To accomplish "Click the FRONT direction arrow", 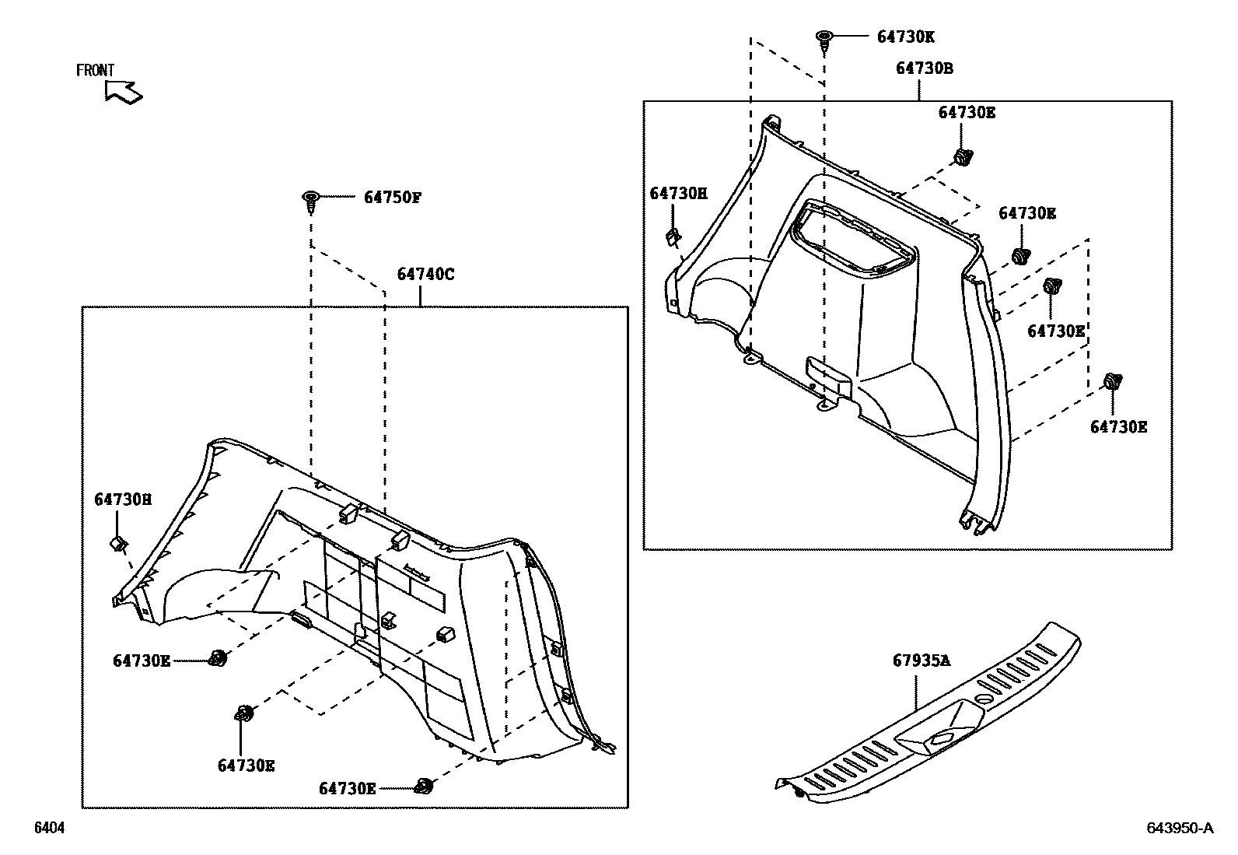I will point(124,92).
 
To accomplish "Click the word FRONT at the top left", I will point(95,70).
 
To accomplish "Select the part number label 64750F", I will point(392,198).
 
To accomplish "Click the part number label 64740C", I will point(425,274).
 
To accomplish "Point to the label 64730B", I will point(924,68).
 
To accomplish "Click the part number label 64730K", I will point(905,37).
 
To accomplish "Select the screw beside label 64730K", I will point(824,40).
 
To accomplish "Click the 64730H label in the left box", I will point(123,499).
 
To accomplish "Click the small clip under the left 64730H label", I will point(118,542).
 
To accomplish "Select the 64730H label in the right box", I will point(678,193).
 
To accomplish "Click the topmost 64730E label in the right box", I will point(967,112).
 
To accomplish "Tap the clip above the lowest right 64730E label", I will point(1112,383).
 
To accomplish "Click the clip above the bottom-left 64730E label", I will point(245,713).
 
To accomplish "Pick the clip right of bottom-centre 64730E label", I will point(424,786).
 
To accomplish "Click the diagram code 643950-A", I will point(1179,828).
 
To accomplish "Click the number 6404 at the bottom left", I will point(48,829).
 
